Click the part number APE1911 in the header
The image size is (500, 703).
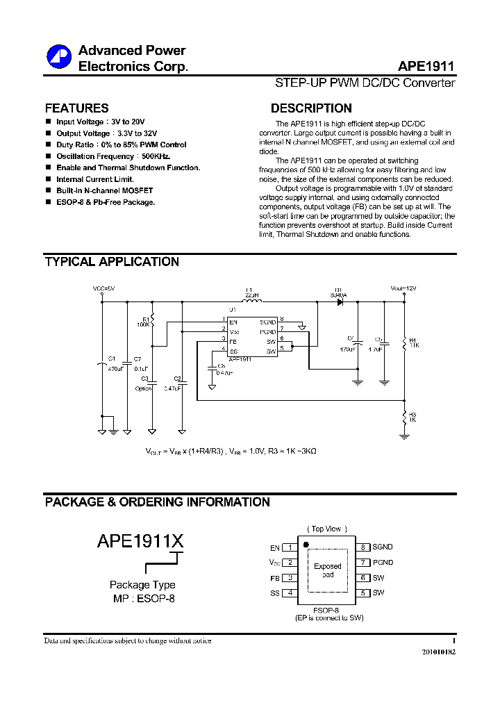426,67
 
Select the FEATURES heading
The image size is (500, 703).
76,108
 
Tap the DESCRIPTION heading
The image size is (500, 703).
310,108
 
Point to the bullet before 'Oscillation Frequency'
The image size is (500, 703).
48,156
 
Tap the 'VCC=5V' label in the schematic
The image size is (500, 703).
103,288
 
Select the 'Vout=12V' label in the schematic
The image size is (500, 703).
403,288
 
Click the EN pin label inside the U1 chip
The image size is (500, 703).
233,322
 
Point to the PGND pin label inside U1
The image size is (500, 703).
268,333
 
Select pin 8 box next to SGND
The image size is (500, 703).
363,547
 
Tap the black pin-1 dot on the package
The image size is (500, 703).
306,543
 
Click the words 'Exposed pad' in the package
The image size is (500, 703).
328,570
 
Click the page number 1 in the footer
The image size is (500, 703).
453,640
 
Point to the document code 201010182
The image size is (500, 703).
439,653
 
